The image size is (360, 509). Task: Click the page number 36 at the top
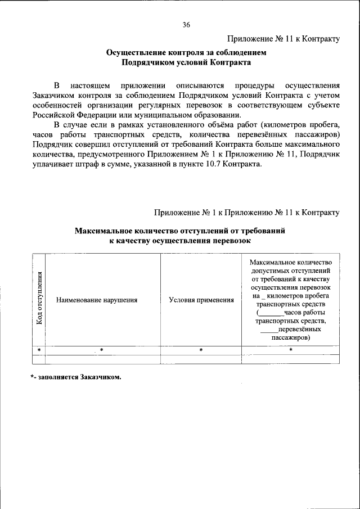pyautogui.click(x=186, y=25)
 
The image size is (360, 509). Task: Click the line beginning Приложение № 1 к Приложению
pyautogui.click(x=246, y=213)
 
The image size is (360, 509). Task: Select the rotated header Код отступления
pyautogui.click(x=39, y=299)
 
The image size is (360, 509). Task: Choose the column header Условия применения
pyautogui.click(x=201, y=300)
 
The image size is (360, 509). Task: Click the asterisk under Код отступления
pyautogui.click(x=39, y=350)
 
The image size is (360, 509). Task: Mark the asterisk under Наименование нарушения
pyautogui.click(x=102, y=350)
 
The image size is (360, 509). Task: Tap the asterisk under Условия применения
pyautogui.click(x=201, y=350)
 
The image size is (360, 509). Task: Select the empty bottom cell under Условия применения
pyautogui.click(x=201, y=359)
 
